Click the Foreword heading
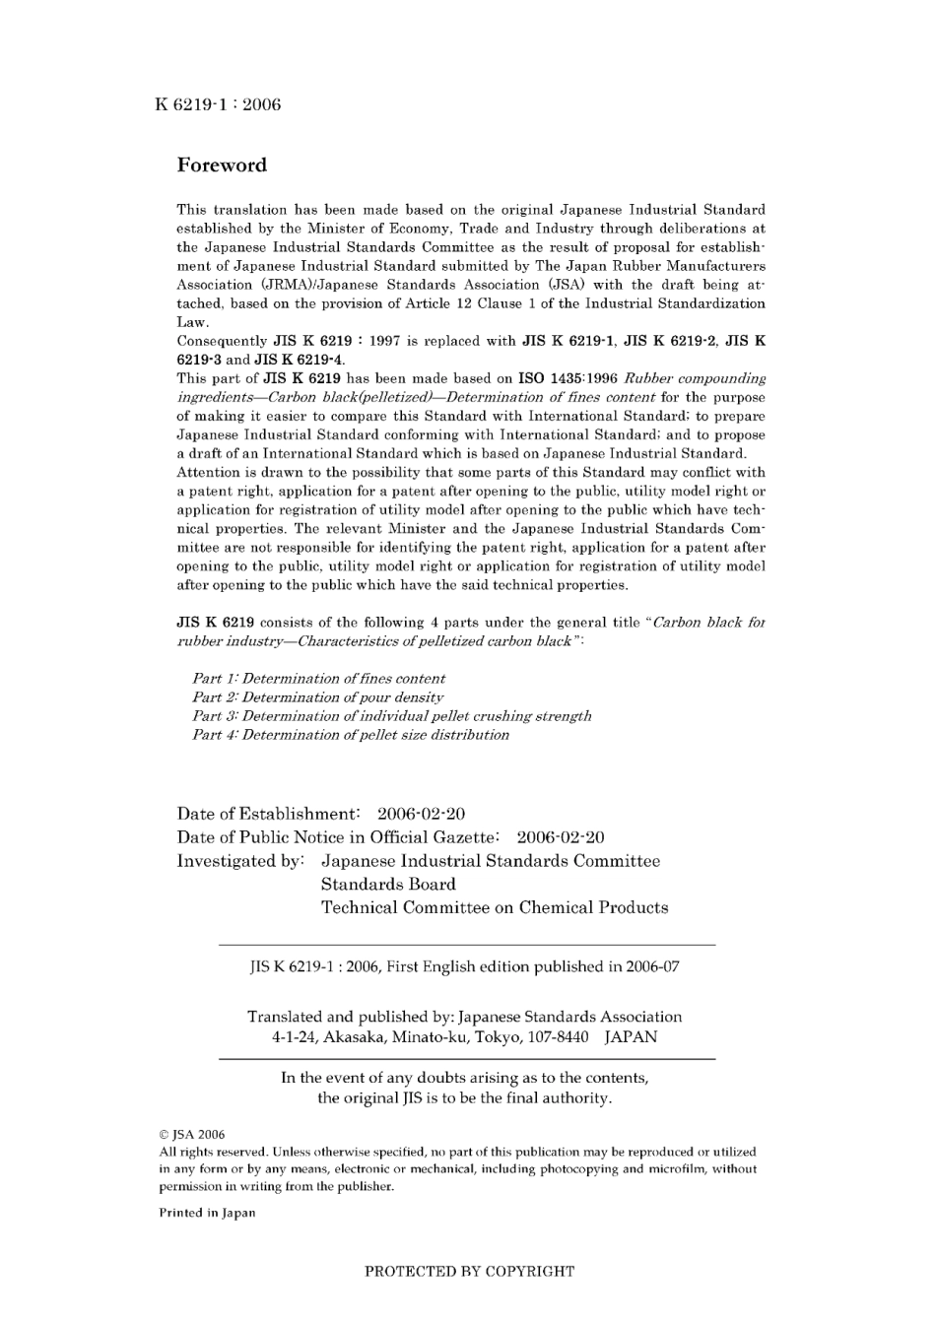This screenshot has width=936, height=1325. point(222,166)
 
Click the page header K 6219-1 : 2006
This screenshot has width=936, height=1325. point(218,105)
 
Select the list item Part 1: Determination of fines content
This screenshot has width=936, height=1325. point(318,679)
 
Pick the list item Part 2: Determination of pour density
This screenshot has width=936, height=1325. point(317,697)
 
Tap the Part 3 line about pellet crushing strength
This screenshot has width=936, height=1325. point(391,716)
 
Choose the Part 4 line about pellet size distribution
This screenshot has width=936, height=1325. point(351,735)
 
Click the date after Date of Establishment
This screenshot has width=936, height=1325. point(421,815)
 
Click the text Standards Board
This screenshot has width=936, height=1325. point(388,885)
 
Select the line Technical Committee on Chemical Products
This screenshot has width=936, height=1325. point(495,908)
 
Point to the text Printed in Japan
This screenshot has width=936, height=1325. point(207,1214)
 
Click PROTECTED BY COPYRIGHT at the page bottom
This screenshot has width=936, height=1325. point(469,1272)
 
